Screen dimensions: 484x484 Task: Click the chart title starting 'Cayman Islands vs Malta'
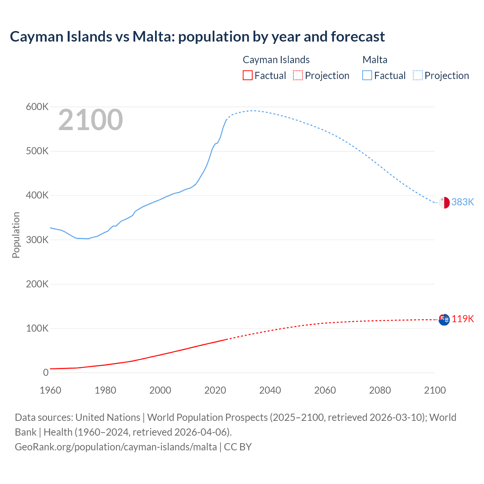pyautogui.click(x=197, y=37)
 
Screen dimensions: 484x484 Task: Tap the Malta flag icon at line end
pyautogui.click(x=444, y=203)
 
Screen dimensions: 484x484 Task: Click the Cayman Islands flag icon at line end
pyautogui.click(x=444, y=320)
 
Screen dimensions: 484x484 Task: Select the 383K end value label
pyautogui.click(x=462, y=202)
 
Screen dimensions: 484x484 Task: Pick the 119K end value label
pyautogui.click(x=462, y=319)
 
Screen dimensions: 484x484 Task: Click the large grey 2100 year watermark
pyautogui.click(x=90, y=120)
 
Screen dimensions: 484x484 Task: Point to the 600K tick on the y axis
pyautogui.click(x=37, y=107)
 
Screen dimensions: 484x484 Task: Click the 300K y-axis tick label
pyautogui.click(x=37, y=240)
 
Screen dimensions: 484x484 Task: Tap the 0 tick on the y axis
pyautogui.click(x=46, y=373)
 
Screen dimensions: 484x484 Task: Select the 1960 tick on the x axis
pyautogui.click(x=50, y=390)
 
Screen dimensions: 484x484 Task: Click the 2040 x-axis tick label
pyautogui.click(x=270, y=390)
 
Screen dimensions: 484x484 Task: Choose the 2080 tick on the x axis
pyautogui.click(x=380, y=390)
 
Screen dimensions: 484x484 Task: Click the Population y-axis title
pyautogui.click(x=16, y=235)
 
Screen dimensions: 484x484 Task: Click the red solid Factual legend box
pyautogui.click(x=248, y=76)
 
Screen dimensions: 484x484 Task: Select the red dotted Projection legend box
pyautogui.click(x=298, y=76)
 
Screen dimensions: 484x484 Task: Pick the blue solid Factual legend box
pyautogui.click(x=367, y=76)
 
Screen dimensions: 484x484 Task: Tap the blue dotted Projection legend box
pyautogui.click(x=417, y=76)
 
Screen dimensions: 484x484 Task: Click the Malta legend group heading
pyautogui.click(x=375, y=60)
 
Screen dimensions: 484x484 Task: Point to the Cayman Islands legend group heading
pyautogui.click(x=276, y=60)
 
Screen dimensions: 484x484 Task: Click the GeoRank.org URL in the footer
pyautogui.click(x=116, y=447)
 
